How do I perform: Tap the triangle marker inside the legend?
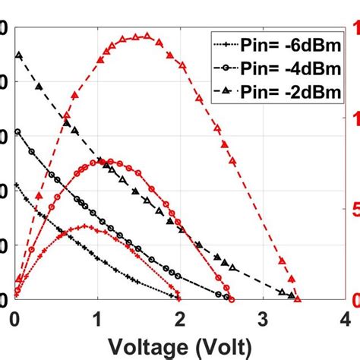click(x=227, y=92)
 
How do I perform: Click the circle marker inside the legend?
click(x=227, y=68)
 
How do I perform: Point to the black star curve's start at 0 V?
click(x=17, y=185)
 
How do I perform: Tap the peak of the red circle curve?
click(x=111, y=161)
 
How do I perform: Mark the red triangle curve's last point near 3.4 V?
click(x=298, y=299)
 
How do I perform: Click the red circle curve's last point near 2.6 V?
click(x=232, y=299)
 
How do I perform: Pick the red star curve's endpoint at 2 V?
click(x=179, y=298)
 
